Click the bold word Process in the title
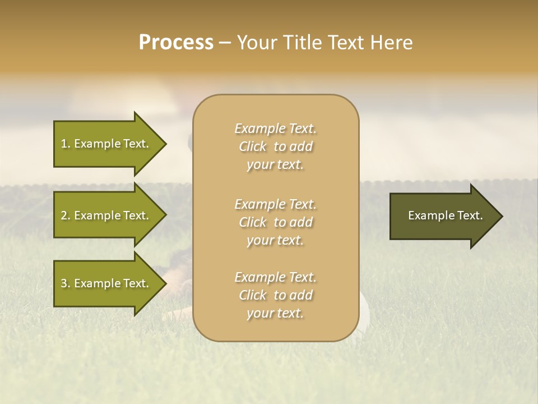[x=176, y=43]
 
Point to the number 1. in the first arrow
[x=65, y=144]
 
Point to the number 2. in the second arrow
[x=65, y=215]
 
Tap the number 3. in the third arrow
[x=65, y=283]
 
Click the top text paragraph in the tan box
[x=275, y=146]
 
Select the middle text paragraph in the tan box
[x=275, y=222]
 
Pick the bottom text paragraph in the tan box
[x=275, y=295]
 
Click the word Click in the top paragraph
[x=253, y=146]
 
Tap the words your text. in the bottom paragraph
[x=275, y=313]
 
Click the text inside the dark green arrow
[x=445, y=215]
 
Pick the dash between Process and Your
[x=225, y=43]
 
